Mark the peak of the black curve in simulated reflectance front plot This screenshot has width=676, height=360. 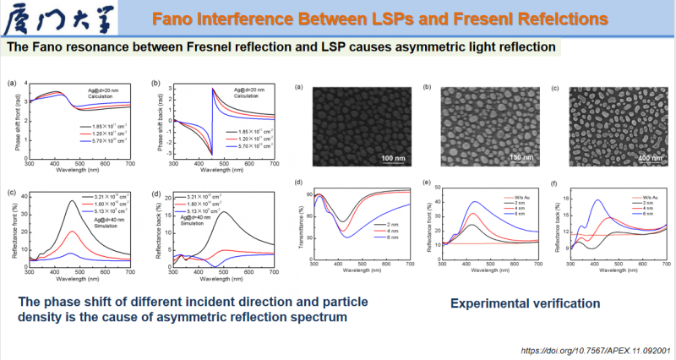[72, 201]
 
